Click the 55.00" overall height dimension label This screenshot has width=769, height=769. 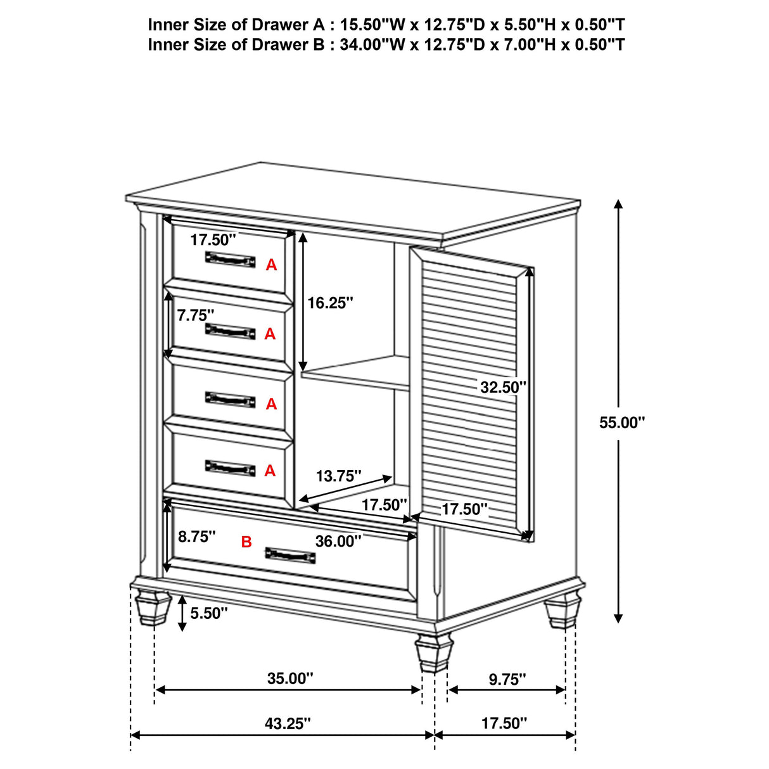click(x=621, y=423)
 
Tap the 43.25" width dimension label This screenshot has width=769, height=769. click(x=288, y=723)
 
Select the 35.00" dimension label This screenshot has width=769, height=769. click(x=289, y=678)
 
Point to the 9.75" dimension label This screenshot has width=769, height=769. click(x=507, y=679)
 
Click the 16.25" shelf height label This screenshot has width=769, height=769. click(x=329, y=303)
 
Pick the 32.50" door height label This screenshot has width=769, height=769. click(x=503, y=386)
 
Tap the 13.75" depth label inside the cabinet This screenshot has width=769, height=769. click(x=339, y=476)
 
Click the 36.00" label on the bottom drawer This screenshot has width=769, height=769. click(x=338, y=541)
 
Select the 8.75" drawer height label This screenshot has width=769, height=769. click(x=196, y=537)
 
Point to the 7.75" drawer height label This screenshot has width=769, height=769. click(x=196, y=315)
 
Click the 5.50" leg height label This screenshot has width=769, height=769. click(x=208, y=613)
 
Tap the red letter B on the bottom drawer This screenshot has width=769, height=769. click(x=246, y=542)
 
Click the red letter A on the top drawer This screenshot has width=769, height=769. click(x=271, y=265)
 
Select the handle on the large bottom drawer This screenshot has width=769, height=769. click(x=290, y=554)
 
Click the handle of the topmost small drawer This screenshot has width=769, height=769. click(x=230, y=258)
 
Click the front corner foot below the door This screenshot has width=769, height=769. click(x=434, y=652)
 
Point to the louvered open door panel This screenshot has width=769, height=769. click(x=472, y=393)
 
